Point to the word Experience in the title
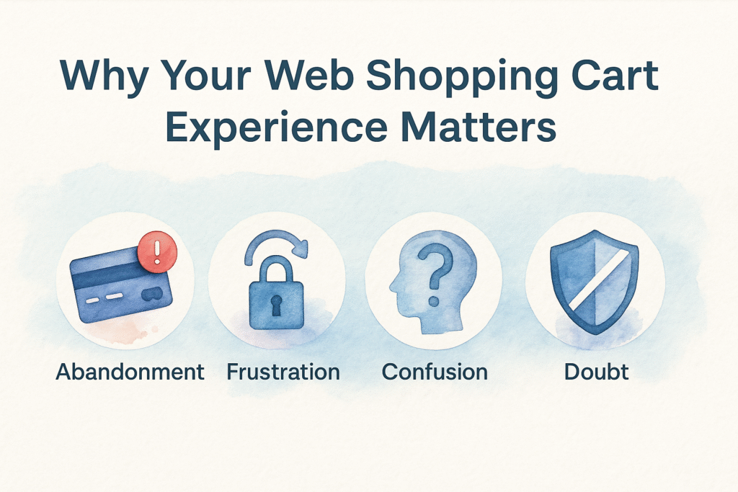click(277, 128)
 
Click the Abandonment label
click(130, 372)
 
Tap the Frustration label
click(283, 372)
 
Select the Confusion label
click(435, 372)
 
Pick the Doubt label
click(596, 372)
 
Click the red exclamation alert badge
click(158, 251)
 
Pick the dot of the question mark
click(433, 300)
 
